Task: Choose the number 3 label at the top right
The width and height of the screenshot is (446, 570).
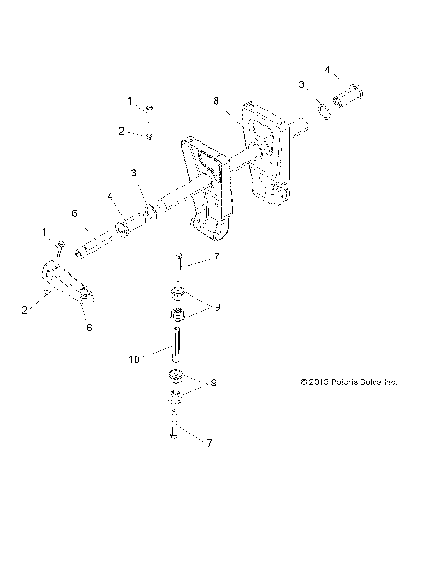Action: [301, 85]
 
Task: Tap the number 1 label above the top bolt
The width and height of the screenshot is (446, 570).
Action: [131, 100]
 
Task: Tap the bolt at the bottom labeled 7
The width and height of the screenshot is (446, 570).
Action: [173, 430]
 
